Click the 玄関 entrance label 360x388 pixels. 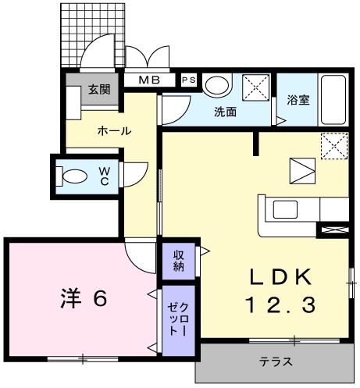pos(99,89)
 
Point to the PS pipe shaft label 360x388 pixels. pos(189,80)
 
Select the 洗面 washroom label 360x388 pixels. pos(226,112)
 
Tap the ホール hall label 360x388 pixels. pos(115,131)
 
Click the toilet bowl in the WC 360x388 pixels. pos(75,176)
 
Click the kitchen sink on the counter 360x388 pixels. pos(283,209)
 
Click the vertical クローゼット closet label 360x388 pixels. pos(179,321)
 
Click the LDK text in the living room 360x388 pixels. pos(282,276)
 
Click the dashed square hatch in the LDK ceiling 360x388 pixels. pos(334,146)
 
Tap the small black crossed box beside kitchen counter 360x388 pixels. pos(333,230)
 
